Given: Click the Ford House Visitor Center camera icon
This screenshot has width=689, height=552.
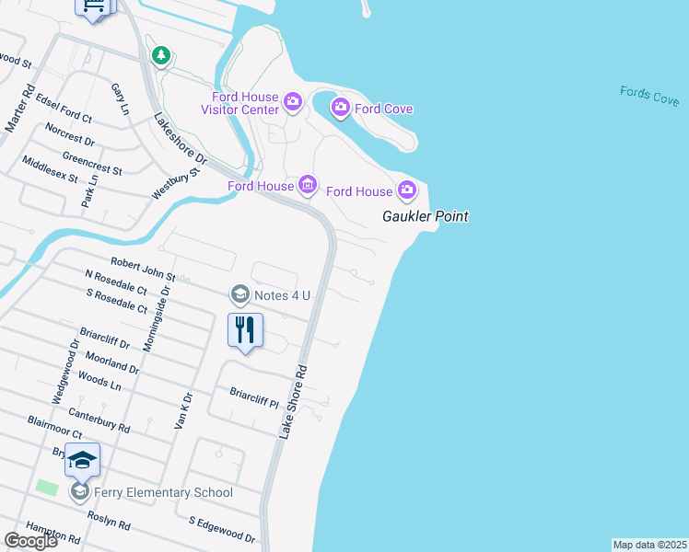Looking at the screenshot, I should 293,101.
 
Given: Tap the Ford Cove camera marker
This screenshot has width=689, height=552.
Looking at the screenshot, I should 340,109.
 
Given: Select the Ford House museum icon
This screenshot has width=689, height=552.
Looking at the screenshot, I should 308,186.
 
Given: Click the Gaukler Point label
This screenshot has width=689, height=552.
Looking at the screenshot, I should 426,217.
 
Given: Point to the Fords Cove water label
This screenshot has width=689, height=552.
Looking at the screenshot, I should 649,95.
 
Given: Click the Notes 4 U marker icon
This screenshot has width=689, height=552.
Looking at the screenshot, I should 239,294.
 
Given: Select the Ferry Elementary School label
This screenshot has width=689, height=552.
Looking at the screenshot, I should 163,492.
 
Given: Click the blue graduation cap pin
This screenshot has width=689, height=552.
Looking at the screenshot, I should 82,459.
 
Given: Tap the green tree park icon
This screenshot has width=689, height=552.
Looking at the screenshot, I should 162,55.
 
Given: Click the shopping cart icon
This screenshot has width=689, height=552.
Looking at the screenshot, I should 93,6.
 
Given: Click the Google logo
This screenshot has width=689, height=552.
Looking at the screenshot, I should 30,541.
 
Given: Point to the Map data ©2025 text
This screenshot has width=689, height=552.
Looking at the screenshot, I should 650,545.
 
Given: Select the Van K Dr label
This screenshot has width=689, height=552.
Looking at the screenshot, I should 183,409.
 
